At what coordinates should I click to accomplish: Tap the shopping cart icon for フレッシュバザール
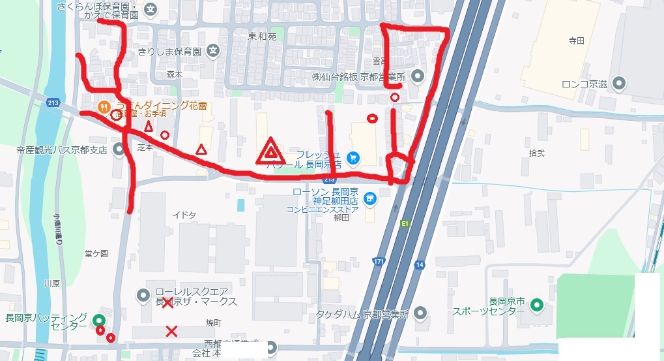353,158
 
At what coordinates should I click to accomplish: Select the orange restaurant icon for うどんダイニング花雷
103,106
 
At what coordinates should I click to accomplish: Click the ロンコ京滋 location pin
619,84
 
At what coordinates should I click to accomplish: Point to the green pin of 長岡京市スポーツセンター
536,304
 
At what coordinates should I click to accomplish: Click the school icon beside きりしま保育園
212,50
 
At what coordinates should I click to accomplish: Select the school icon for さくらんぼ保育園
151,9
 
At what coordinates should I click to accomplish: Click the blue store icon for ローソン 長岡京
369,197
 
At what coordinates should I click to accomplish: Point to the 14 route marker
418,264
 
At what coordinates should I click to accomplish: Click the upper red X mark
167,302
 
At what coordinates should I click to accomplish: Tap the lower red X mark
171,331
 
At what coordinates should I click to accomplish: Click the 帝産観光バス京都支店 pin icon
119,150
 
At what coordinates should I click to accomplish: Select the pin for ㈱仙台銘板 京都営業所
418,76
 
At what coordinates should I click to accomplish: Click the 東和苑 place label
262,37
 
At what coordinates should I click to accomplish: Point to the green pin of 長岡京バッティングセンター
98,320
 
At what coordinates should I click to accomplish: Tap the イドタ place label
180,215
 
